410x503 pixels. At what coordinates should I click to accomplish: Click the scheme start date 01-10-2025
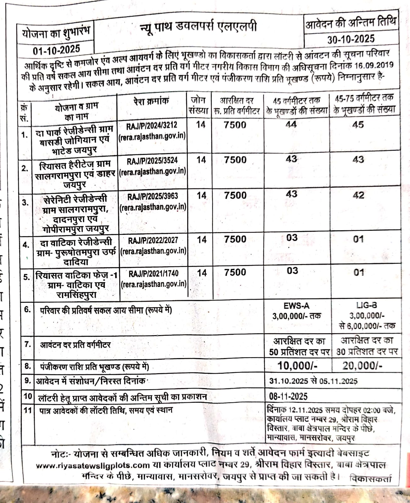[x=56, y=50]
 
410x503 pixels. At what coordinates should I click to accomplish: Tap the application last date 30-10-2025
[x=351, y=39]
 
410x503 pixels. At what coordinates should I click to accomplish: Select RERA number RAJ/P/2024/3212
[x=152, y=126]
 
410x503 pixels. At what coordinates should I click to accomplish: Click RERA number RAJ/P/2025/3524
[x=152, y=161]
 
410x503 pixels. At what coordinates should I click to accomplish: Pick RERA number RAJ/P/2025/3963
[x=153, y=196]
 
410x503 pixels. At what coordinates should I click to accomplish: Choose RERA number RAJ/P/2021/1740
[x=154, y=274]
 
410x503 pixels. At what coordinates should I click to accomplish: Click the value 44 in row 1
[x=291, y=124]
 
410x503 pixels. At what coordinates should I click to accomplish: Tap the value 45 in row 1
[x=358, y=125]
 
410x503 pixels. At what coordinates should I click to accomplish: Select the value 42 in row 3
[x=358, y=195]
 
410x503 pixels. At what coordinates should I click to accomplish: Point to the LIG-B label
[x=367, y=305]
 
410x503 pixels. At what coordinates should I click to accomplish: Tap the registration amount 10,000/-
[x=297, y=366]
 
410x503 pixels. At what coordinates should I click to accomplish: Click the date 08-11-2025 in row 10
[x=288, y=396]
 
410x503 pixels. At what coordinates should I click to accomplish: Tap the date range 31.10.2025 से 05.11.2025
[x=313, y=381]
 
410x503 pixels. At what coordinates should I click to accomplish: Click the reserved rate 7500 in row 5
[x=235, y=272]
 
